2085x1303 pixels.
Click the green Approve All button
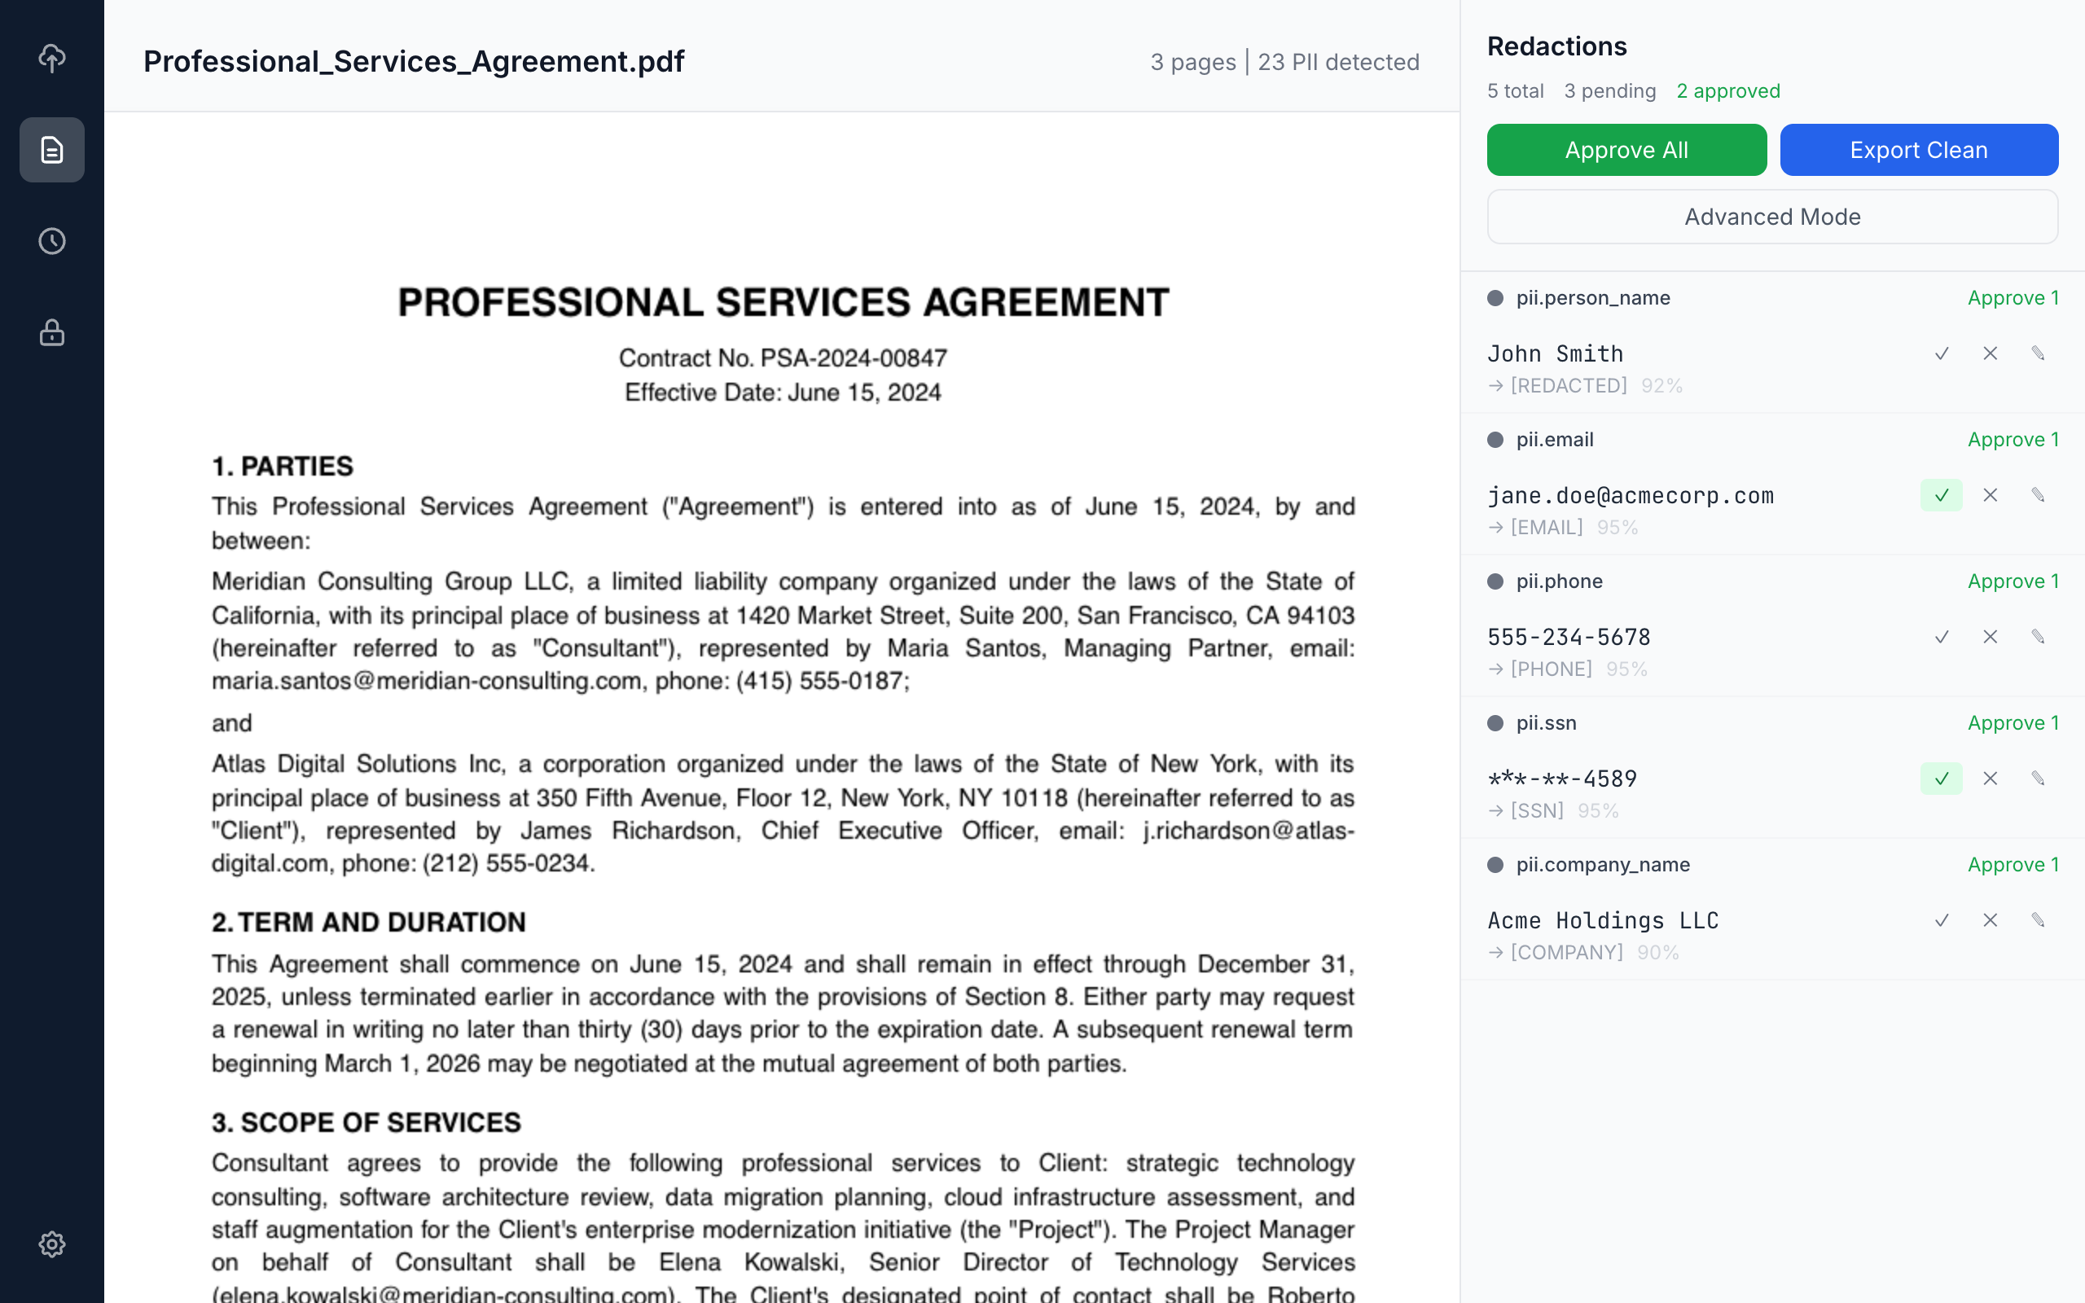click(1626, 150)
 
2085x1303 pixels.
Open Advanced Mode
click(1772, 217)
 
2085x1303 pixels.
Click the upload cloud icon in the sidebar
click(51, 58)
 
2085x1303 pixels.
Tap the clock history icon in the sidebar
click(51, 241)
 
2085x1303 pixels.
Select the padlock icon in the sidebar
click(51, 332)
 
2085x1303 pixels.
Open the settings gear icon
click(51, 1244)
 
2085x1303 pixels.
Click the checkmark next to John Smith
click(1941, 353)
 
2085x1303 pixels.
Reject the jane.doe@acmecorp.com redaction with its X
click(1991, 495)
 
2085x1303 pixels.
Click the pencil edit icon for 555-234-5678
click(2038, 637)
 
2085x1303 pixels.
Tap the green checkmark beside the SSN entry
click(1941, 779)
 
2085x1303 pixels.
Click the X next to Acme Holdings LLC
click(1991, 920)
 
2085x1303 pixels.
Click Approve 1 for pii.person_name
click(2013, 298)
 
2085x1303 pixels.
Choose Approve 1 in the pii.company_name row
click(2013, 865)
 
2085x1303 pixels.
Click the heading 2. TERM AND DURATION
click(369, 922)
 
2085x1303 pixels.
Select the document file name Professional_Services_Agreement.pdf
click(414, 61)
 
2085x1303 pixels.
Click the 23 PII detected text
click(1338, 62)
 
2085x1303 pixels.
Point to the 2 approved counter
click(1727, 91)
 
